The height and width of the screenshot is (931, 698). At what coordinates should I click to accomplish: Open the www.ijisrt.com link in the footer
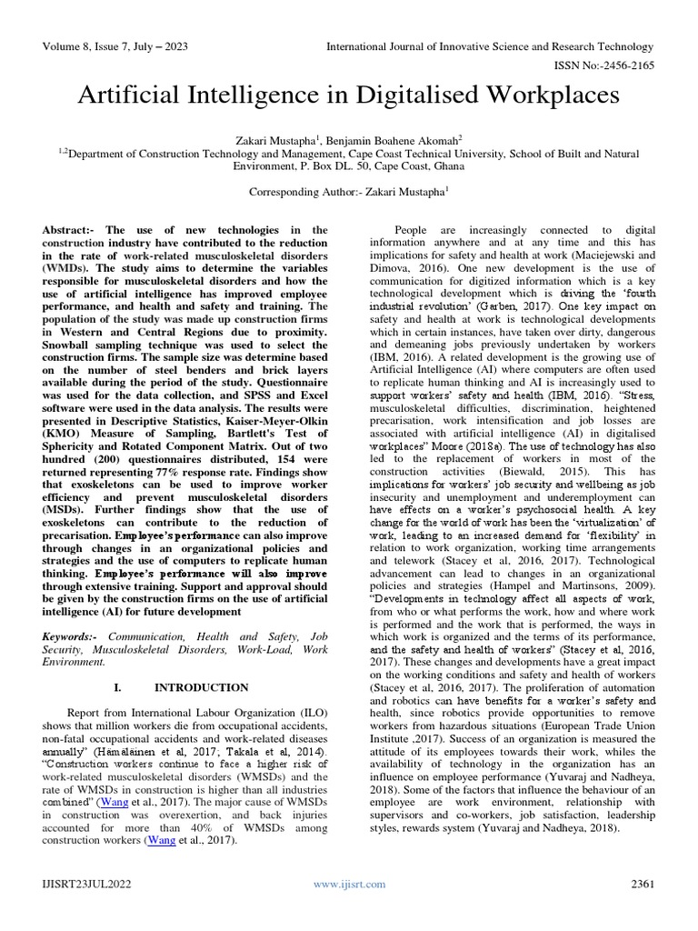(349, 884)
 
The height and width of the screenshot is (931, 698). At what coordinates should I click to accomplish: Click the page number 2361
(637, 884)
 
